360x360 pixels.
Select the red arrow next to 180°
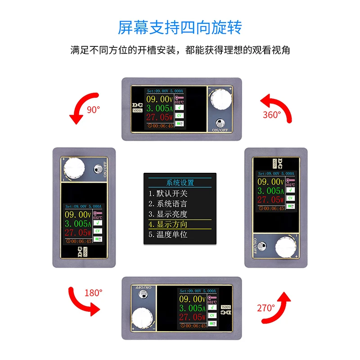[x=83, y=301]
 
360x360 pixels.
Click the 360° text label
[x=271, y=114]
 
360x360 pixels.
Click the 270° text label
[x=266, y=308]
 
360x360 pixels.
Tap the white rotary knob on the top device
[x=219, y=99]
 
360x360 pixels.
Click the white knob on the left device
[x=74, y=170]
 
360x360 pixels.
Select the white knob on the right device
[x=286, y=247]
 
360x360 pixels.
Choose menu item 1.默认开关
[x=168, y=193]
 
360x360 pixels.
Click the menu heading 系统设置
[x=180, y=183]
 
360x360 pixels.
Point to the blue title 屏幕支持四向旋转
[x=180, y=27]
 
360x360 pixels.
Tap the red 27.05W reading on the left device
[x=78, y=233]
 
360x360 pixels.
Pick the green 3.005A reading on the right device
[x=270, y=191]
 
